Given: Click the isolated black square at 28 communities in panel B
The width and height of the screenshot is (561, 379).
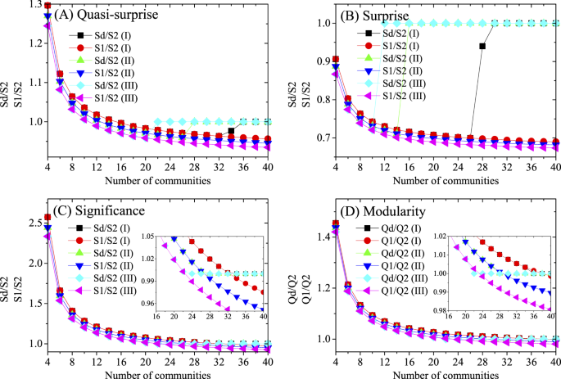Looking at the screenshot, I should click(x=482, y=47).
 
